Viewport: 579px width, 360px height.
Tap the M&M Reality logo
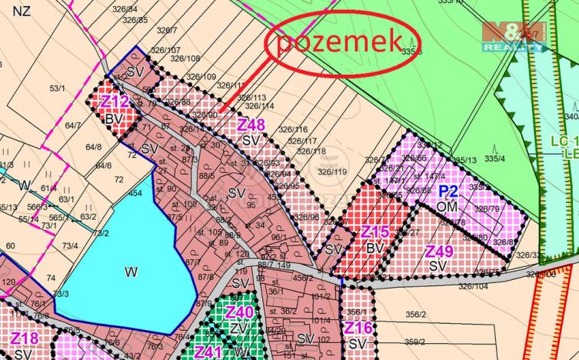click(514, 36)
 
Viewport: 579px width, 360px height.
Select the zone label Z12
click(114, 102)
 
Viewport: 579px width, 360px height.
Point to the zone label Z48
click(251, 125)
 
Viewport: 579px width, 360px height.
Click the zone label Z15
click(376, 233)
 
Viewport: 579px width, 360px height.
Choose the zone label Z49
click(439, 252)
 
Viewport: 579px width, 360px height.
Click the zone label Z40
click(239, 312)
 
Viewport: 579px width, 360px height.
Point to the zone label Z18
click(24, 339)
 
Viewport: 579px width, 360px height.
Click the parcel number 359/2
click(415, 342)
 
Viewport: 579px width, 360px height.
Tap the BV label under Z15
click(374, 248)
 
